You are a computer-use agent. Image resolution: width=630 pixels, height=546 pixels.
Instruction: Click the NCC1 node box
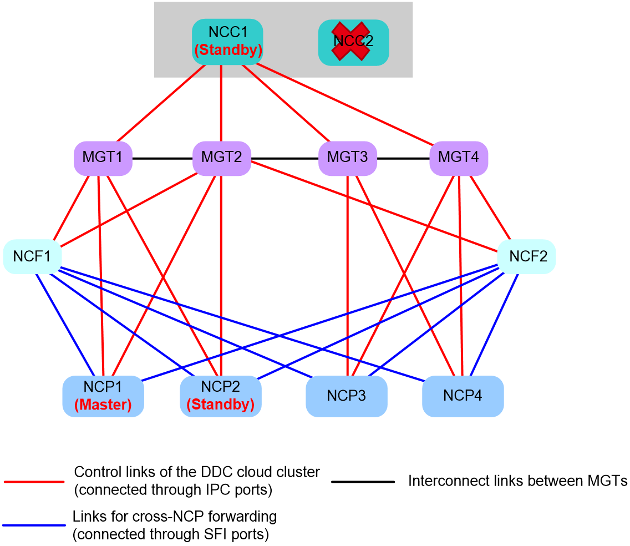tap(227, 42)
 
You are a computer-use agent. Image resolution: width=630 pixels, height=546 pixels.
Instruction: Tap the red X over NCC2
tap(350, 42)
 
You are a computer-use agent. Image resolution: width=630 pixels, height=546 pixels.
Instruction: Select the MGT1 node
tap(103, 158)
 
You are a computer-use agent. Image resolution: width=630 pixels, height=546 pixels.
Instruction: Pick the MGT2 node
tap(222, 158)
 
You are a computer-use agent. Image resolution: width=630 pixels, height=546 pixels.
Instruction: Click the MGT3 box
tap(348, 158)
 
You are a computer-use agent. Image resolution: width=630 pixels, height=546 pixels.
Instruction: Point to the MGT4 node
tap(459, 158)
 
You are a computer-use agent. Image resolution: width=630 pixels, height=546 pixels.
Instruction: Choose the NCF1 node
tap(32, 256)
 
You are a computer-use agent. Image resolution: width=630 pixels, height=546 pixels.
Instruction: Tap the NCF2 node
tap(527, 256)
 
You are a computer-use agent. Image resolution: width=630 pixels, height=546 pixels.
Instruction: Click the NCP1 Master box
tap(103, 396)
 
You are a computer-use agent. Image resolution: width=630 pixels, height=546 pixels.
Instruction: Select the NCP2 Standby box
tap(221, 396)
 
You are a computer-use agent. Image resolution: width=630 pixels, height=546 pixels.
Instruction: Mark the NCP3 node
tap(347, 396)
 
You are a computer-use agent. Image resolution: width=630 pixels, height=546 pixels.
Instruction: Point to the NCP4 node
tap(463, 396)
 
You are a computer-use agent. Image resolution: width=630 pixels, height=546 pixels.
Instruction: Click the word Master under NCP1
tap(103, 405)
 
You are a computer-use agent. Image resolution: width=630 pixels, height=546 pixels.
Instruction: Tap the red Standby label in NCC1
tap(228, 50)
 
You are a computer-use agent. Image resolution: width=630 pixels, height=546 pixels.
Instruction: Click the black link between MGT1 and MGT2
tap(162, 158)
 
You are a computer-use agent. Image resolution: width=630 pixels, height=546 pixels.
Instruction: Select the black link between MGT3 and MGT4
tap(403, 158)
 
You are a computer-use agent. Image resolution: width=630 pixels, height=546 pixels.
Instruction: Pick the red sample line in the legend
tap(34, 481)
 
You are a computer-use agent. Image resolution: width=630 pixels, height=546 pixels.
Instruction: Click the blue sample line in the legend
tap(34, 525)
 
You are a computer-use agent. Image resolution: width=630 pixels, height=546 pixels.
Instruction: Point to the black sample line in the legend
tap(363, 481)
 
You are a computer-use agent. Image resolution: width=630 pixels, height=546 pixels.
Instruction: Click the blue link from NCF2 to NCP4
tap(494, 325)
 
